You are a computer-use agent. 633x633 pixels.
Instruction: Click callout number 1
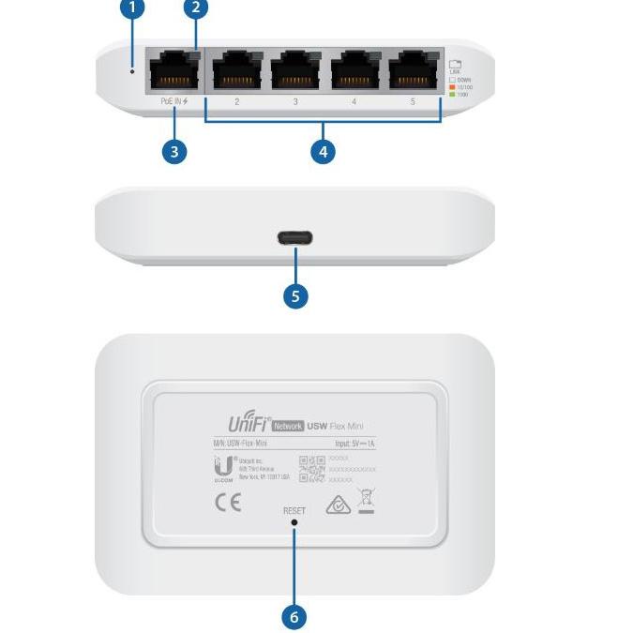[x=133, y=8]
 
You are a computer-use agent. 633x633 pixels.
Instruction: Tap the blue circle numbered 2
[x=195, y=8]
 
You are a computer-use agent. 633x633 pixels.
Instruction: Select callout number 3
[x=174, y=151]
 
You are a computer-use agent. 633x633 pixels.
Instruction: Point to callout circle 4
[x=323, y=151]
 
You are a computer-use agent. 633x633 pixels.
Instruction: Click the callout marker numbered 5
[x=295, y=296]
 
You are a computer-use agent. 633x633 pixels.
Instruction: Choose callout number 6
[x=294, y=616]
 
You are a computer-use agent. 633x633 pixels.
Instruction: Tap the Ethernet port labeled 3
[x=295, y=70]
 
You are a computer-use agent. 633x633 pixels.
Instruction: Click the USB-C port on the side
[x=295, y=238]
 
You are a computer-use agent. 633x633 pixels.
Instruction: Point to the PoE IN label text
[x=174, y=101]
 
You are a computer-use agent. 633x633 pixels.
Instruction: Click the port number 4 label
[x=354, y=101]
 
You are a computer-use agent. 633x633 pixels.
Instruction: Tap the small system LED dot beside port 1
[x=132, y=71]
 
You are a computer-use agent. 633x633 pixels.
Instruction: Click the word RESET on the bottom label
[x=294, y=511]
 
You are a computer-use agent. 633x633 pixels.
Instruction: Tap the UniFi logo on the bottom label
[x=249, y=424]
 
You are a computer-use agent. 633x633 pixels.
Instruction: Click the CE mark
[x=228, y=503]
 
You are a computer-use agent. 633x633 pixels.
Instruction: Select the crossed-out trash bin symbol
[x=367, y=502]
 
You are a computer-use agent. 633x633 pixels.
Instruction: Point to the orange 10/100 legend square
[x=452, y=87]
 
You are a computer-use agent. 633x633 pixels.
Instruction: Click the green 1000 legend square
[x=452, y=94]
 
